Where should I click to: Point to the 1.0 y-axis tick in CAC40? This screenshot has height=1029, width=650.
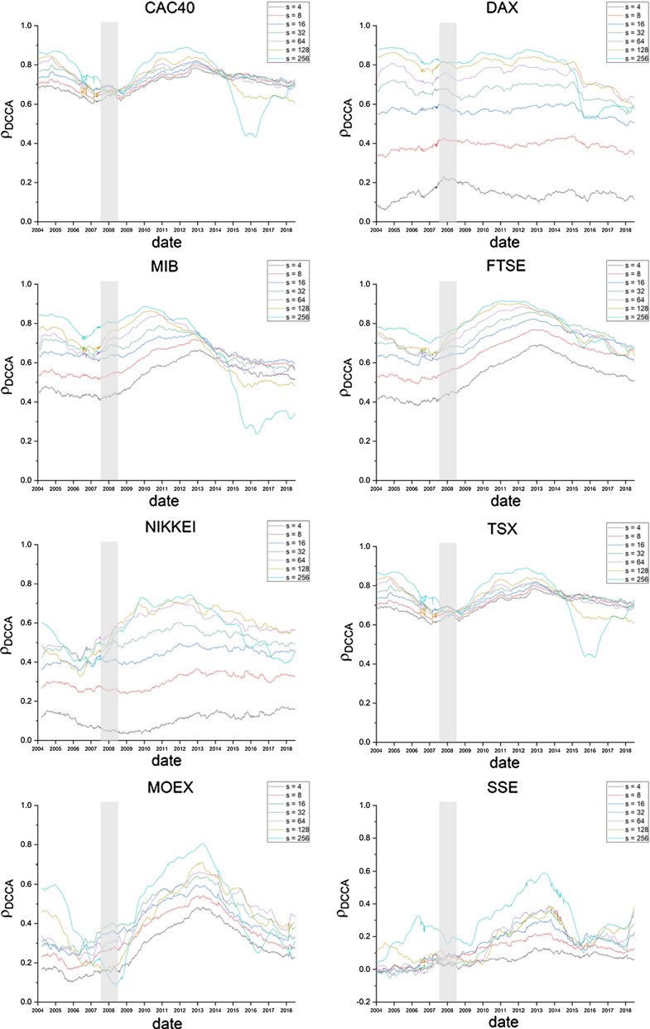27,26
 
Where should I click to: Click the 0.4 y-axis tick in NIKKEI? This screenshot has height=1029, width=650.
27,662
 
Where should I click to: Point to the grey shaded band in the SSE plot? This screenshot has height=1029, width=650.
447,902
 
